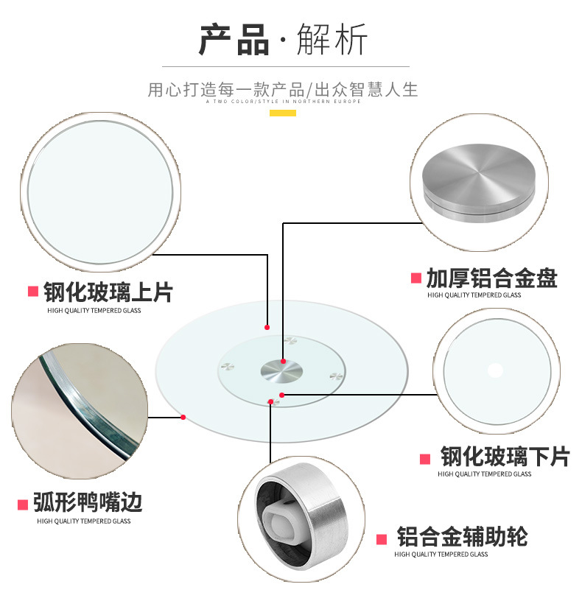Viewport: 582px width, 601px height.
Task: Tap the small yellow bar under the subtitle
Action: click(283, 113)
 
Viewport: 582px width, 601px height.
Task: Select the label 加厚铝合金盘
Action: click(491, 278)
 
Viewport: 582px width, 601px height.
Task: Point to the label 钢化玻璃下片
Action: click(505, 457)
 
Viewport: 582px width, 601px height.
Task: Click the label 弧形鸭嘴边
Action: click(88, 503)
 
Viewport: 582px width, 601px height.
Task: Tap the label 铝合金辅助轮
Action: click(462, 536)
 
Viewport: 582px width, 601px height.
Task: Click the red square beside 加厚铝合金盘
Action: click(416, 278)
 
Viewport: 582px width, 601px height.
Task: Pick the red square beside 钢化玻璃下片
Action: click(425, 459)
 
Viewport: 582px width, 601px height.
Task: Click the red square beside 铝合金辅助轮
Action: click(382, 538)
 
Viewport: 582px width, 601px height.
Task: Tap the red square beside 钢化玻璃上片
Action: click(33, 292)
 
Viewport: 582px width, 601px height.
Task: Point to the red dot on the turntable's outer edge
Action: click(183, 418)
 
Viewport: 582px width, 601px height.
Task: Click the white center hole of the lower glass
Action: click(495, 370)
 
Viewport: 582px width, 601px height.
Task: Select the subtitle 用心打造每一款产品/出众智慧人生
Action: click(283, 90)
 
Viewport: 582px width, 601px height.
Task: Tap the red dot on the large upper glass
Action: click(267, 327)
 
